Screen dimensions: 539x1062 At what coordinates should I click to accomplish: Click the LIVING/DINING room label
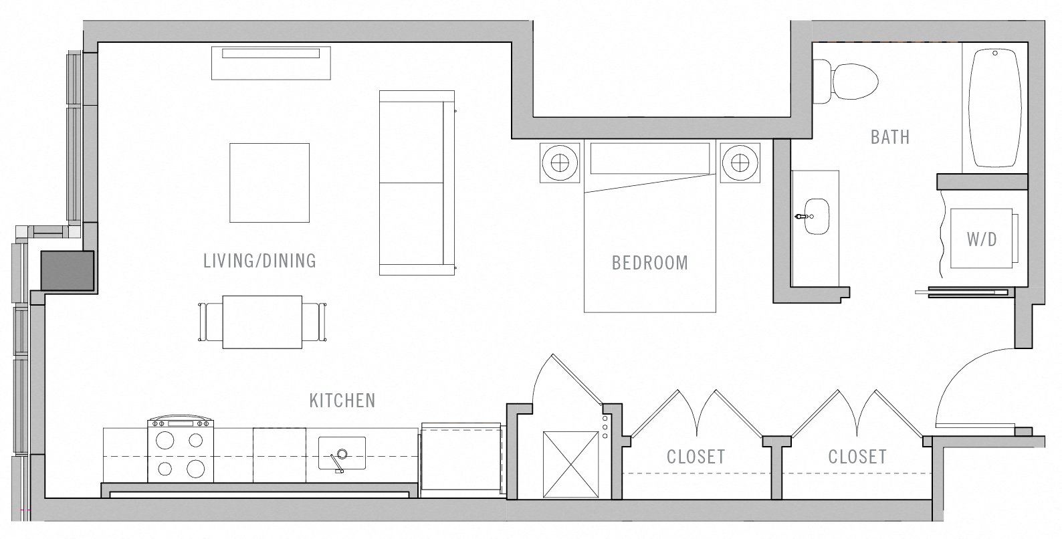pyautogui.click(x=259, y=261)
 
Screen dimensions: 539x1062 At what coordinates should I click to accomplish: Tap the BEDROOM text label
pyautogui.click(x=649, y=263)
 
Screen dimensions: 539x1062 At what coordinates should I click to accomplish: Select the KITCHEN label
pyautogui.click(x=342, y=401)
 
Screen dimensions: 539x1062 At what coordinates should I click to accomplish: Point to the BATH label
pyautogui.click(x=889, y=137)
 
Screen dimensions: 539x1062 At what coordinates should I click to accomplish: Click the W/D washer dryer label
pyautogui.click(x=981, y=239)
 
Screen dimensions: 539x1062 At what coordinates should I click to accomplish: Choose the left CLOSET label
pyautogui.click(x=696, y=457)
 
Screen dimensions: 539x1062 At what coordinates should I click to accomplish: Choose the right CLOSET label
pyautogui.click(x=857, y=457)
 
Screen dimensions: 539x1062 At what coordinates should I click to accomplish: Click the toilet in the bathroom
pyautogui.click(x=849, y=81)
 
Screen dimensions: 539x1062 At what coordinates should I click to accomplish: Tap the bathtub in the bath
pyautogui.click(x=995, y=107)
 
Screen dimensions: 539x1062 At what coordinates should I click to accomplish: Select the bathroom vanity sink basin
pyautogui.click(x=817, y=217)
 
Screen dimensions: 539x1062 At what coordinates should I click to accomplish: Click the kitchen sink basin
pyautogui.click(x=342, y=453)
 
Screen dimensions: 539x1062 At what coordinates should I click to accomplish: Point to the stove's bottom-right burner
pyautogui.click(x=195, y=468)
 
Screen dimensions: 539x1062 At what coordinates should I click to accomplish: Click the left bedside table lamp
pyautogui.click(x=560, y=162)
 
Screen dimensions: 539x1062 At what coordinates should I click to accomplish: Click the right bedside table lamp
pyautogui.click(x=740, y=162)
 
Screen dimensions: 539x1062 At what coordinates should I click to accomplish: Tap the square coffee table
pyautogui.click(x=270, y=183)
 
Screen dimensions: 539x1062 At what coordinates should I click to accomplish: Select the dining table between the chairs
pyautogui.click(x=262, y=322)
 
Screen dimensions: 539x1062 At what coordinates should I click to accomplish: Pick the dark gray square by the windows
pyautogui.click(x=68, y=270)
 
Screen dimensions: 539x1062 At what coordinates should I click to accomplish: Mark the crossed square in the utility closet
pyautogui.click(x=570, y=464)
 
